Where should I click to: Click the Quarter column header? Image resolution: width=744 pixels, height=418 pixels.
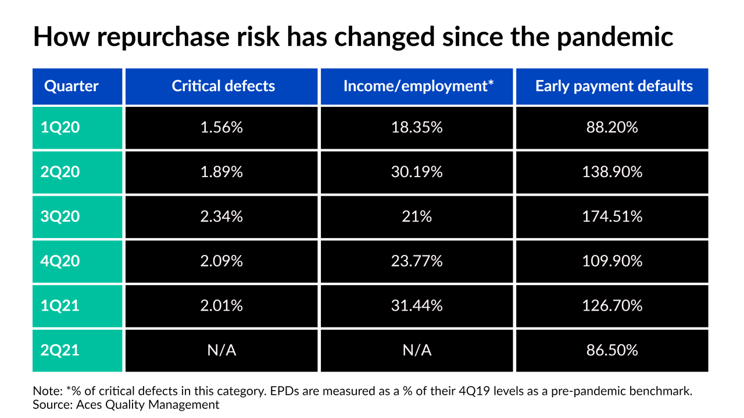click(71, 87)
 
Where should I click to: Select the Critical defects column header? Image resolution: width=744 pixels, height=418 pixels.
click(223, 87)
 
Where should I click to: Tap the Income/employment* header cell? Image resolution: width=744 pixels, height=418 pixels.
click(419, 87)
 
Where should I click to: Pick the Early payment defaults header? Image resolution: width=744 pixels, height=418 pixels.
click(614, 87)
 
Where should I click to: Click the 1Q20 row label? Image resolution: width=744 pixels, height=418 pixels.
click(60, 128)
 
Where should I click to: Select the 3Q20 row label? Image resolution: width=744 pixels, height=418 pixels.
click(60, 217)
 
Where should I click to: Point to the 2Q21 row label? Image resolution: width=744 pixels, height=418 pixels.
click(60, 351)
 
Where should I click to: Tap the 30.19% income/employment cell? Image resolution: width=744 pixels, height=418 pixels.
click(419, 172)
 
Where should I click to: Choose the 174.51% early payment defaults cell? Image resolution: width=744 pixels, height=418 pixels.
click(612, 217)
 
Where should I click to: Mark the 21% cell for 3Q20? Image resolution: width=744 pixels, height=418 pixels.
click(419, 217)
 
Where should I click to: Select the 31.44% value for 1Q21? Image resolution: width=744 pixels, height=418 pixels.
click(419, 306)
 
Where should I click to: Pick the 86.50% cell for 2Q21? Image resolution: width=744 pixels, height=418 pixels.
click(612, 351)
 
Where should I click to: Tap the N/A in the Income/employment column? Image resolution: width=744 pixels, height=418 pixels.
click(419, 351)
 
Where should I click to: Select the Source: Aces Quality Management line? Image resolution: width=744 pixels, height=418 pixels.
click(126, 405)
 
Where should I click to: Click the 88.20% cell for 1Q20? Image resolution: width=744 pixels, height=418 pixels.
click(612, 128)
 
